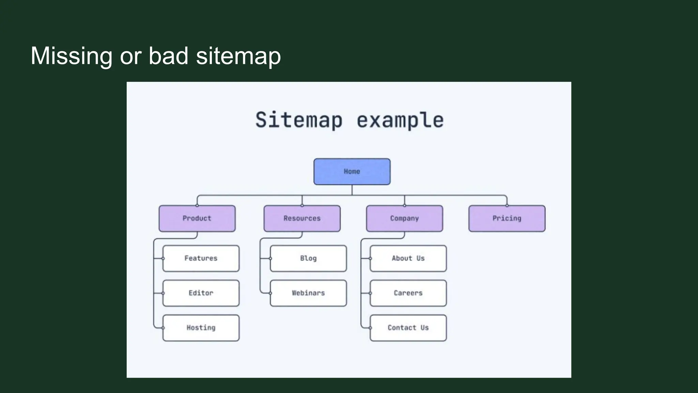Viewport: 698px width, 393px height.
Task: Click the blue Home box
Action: (x=352, y=172)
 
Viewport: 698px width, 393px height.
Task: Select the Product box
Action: (x=197, y=218)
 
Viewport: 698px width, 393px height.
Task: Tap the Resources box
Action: (x=302, y=218)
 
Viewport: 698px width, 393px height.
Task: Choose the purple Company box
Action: (x=405, y=218)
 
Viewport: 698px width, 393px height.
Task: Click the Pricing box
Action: (x=507, y=218)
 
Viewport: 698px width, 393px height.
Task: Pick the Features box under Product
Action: (x=201, y=258)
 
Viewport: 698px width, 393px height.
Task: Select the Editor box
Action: (x=201, y=293)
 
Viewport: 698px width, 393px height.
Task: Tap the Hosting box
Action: (x=201, y=328)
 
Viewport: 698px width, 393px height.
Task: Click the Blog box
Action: (x=308, y=258)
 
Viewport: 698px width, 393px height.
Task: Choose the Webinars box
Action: (x=308, y=293)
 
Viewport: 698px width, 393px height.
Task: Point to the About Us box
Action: (x=408, y=258)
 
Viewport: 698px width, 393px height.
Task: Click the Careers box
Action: (x=408, y=293)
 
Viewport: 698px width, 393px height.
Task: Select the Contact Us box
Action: (x=408, y=328)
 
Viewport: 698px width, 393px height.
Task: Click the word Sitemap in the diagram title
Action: (x=299, y=120)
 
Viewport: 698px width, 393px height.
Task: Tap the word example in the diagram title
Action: (x=400, y=120)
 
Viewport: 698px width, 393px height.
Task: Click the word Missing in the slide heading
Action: (x=71, y=56)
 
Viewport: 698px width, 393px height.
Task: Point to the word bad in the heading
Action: (x=168, y=56)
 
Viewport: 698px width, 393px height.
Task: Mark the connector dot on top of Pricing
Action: (x=507, y=205)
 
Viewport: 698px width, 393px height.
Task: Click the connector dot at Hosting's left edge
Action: (x=163, y=328)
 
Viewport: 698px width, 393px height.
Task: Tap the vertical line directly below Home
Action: (x=352, y=190)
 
